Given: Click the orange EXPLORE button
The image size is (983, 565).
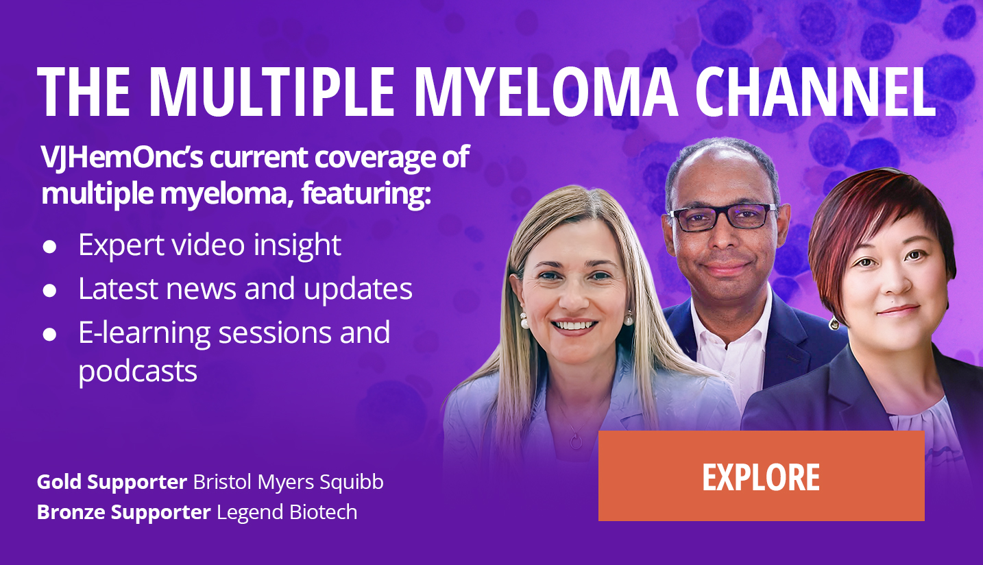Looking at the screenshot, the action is [762, 476].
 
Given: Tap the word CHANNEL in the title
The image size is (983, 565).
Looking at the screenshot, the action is [815, 92].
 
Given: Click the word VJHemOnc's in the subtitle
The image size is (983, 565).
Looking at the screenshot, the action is [122, 157].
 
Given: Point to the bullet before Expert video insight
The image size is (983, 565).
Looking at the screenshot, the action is [49, 247].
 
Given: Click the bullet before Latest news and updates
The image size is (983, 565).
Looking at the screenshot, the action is [49, 291].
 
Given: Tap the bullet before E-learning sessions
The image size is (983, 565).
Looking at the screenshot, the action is [49, 335].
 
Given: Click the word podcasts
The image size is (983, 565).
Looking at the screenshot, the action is [138, 372].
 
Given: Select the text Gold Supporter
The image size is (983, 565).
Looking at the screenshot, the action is [112, 482].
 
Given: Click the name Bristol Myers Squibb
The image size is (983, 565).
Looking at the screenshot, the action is [289, 482].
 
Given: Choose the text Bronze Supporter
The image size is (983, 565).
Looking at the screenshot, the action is [124, 512].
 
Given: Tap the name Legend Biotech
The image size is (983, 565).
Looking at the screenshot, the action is [287, 512].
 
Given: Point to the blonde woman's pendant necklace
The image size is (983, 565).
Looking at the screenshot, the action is [577, 441].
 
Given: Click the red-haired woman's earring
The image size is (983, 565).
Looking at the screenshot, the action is [834, 324].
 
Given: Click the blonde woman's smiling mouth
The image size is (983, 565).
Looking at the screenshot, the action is [574, 327].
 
